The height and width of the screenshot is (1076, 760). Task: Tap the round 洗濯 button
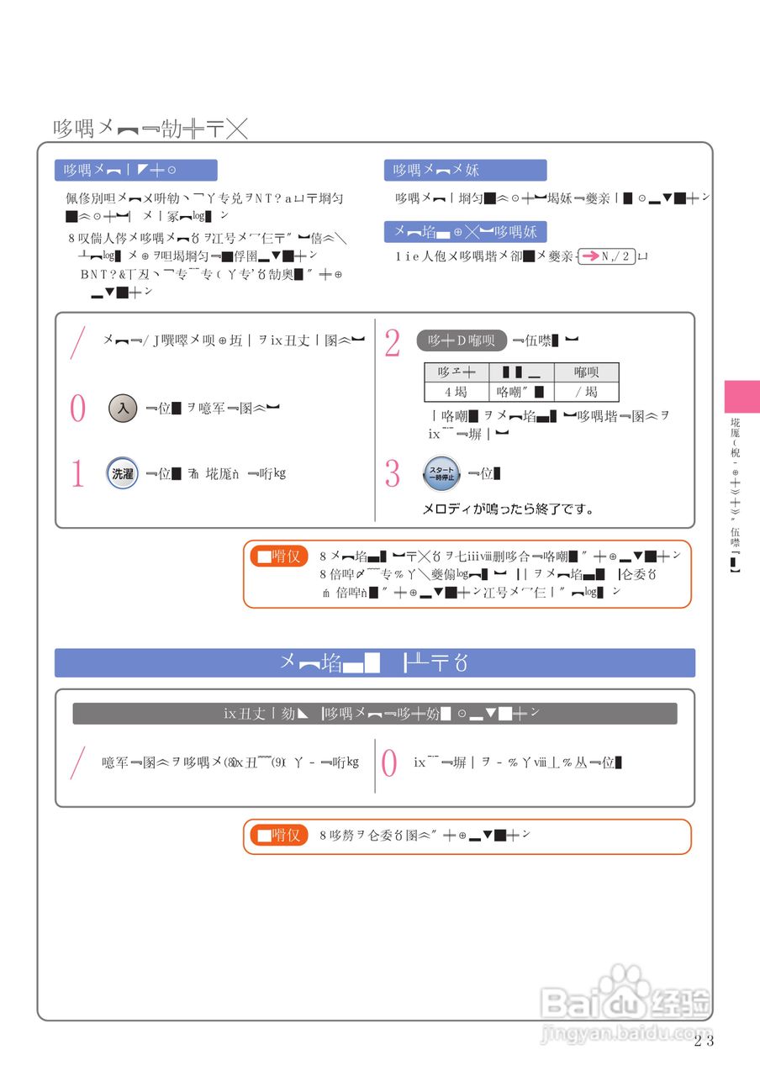coord(123,473)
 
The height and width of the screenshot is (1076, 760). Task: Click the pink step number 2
coord(392,343)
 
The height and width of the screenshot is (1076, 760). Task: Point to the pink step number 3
coord(392,474)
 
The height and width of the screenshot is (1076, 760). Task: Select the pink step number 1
coord(77,474)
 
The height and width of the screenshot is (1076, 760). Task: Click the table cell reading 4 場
coord(457,392)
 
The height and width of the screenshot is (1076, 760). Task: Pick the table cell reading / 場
coord(586,392)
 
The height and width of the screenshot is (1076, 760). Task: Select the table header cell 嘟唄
coord(586,372)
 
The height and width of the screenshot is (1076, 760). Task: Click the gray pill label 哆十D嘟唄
coord(462,340)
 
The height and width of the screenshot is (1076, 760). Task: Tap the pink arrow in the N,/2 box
coord(591,256)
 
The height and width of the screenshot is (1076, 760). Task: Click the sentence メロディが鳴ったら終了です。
coord(508,509)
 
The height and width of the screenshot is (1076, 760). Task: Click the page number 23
coord(704,1041)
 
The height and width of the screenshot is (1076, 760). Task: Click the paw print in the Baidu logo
coord(626,982)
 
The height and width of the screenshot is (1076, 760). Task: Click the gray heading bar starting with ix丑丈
coord(375,714)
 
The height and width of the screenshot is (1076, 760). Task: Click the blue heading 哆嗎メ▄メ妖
coord(465,171)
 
